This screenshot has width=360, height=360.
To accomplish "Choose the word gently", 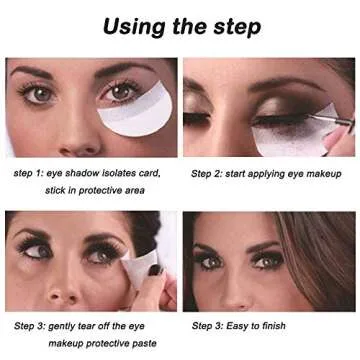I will click(x=64, y=326).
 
